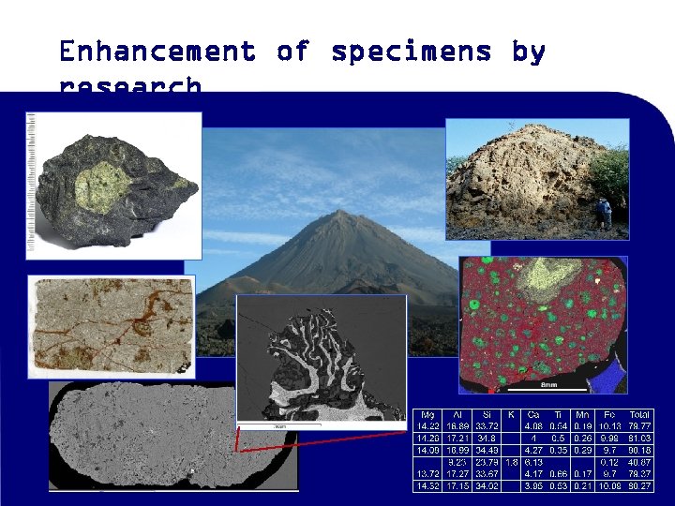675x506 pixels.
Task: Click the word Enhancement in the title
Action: coord(157,52)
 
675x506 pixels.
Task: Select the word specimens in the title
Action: coord(411,52)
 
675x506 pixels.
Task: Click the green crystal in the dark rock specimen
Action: coord(114,185)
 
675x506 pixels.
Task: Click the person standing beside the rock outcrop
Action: coord(606,213)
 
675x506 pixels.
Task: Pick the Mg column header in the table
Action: coord(427,414)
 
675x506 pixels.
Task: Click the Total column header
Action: coord(639,414)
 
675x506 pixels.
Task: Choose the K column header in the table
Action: coord(511,414)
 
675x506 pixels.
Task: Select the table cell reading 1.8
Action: coord(511,462)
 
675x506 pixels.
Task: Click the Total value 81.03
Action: coord(639,438)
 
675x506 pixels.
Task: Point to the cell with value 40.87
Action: coord(639,462)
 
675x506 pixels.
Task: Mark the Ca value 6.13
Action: coord(534,462)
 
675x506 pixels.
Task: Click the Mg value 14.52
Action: coord(427,485)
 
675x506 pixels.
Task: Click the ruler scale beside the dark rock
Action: coord(32,183)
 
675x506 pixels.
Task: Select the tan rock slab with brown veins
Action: coord(112,324)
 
